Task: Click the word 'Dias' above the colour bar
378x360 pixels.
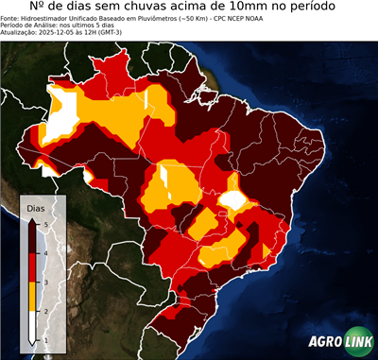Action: pos(35,207)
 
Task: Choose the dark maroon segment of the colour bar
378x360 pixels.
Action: pos(33,237)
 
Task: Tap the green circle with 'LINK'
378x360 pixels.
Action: pos(357,341)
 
